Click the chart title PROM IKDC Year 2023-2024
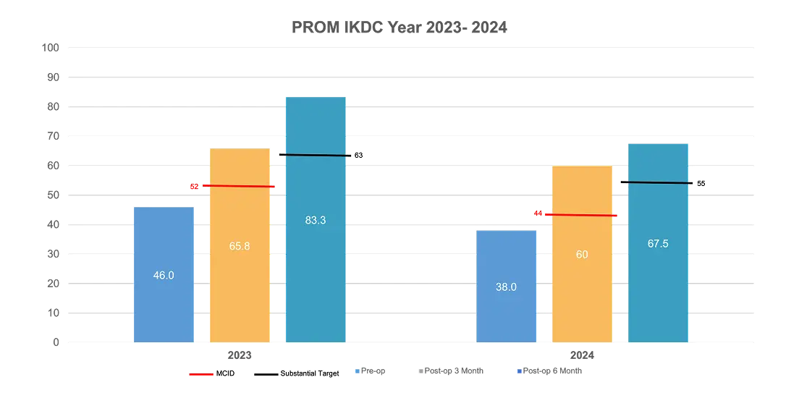pyautogui.click(x=399, y=27)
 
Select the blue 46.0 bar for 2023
pyautogui.click(x=164, y=304)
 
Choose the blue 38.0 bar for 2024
pyautogui.click(x=506, y=311)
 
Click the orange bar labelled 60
pyautogui.click(x=582, y=289)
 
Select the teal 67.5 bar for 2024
pyautogui.click(x=657, y=282)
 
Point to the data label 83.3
pyautogui.click(x=316, y=221)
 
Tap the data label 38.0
pyautogui.click(x=506, y=287)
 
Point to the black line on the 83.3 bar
pyautogui.click(x=316, y=155)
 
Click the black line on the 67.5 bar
pyautogui.click(x=657, y=182)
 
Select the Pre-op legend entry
pyautogui.click(x=371, y=371)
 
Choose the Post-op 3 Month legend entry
pyautogui.click(x=453, y=371)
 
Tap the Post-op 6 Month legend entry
pyautogui.click(x=551, y=371)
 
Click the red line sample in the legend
pyautogui.click(x=200, y=374)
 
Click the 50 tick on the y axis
pyautogui.click(x=53, y=195)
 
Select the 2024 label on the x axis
pyautogui.click(x=582, y=355)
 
